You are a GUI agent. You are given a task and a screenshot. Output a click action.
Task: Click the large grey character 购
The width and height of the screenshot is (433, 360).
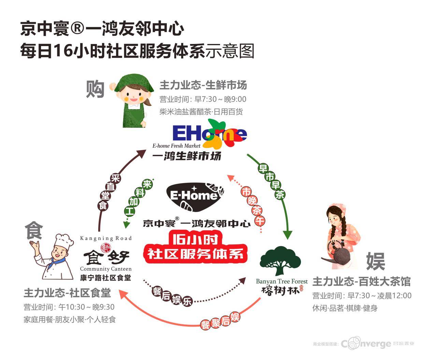(95, 89)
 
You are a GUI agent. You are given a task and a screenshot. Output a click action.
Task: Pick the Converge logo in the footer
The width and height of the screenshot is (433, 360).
(366, 343)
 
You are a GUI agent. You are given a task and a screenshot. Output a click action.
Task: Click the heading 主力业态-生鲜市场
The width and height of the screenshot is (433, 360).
(203, 85)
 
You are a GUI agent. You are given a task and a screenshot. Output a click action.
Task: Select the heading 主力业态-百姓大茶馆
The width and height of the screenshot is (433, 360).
(361, 282)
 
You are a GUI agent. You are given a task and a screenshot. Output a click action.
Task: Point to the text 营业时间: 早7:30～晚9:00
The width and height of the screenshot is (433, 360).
(203, 99)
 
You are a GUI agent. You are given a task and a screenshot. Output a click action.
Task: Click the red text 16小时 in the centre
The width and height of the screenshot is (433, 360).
(196, 240)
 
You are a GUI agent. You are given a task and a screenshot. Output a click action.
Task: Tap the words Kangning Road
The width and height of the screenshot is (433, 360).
(105, 238)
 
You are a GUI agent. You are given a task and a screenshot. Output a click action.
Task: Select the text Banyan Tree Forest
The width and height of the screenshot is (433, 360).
(282, 281)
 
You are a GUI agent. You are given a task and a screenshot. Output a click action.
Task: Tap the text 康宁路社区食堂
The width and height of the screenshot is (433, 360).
(105, 277)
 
